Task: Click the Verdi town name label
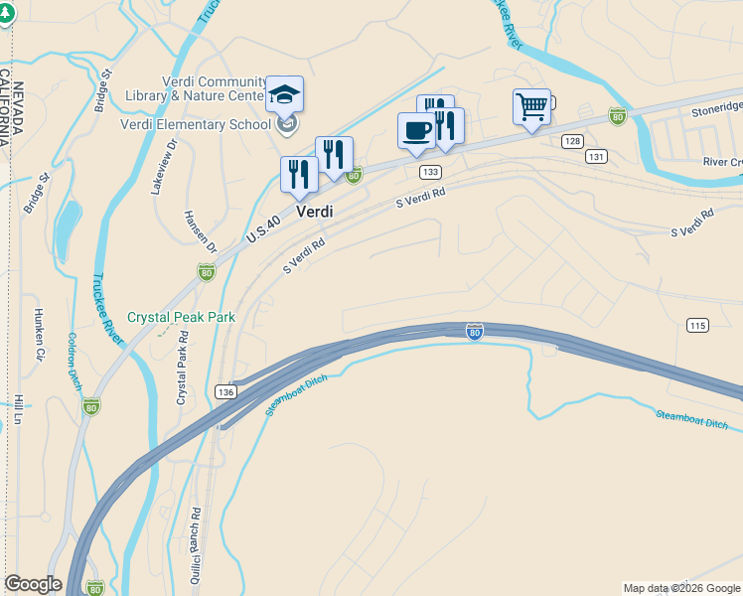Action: tap(313, 213)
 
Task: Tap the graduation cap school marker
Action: tap(285, 95)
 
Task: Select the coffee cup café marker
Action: tap(416, 131)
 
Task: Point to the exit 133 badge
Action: tap(429, 172)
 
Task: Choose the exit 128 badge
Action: tap(571, 141)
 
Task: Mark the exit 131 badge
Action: tap(596, 157)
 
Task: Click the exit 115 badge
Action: tap(696, 326)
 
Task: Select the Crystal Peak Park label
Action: tap(181, 318)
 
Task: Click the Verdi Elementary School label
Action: tap(195, 125)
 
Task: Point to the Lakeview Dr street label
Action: tap(164, 166)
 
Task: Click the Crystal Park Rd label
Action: tap(183, 369)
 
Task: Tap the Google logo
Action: tap(33, 584)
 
